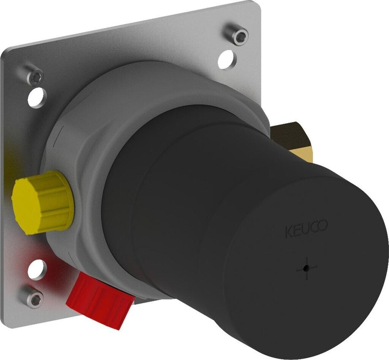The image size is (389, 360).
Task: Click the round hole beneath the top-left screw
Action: click(37, 98)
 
